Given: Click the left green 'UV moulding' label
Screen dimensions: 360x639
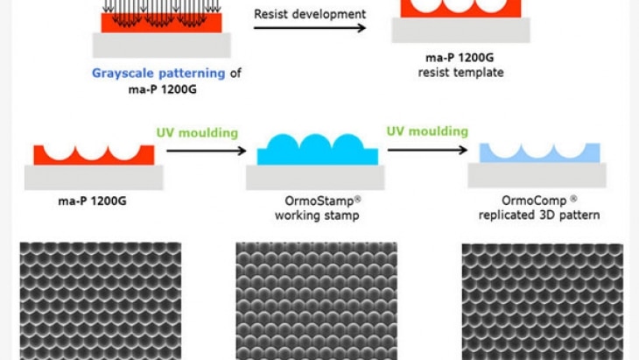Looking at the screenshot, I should click(197, 133).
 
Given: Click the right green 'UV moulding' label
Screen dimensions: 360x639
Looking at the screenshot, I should click(427, 131).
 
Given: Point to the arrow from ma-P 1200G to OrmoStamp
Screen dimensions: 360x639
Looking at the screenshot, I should click(205, 151).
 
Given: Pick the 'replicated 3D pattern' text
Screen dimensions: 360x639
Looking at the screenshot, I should click(538, 215).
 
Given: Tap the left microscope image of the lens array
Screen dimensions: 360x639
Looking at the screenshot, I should click(101, 300).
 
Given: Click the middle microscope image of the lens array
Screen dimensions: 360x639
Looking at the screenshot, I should click(316, 300).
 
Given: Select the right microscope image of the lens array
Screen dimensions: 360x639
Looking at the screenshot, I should click(542, 300).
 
